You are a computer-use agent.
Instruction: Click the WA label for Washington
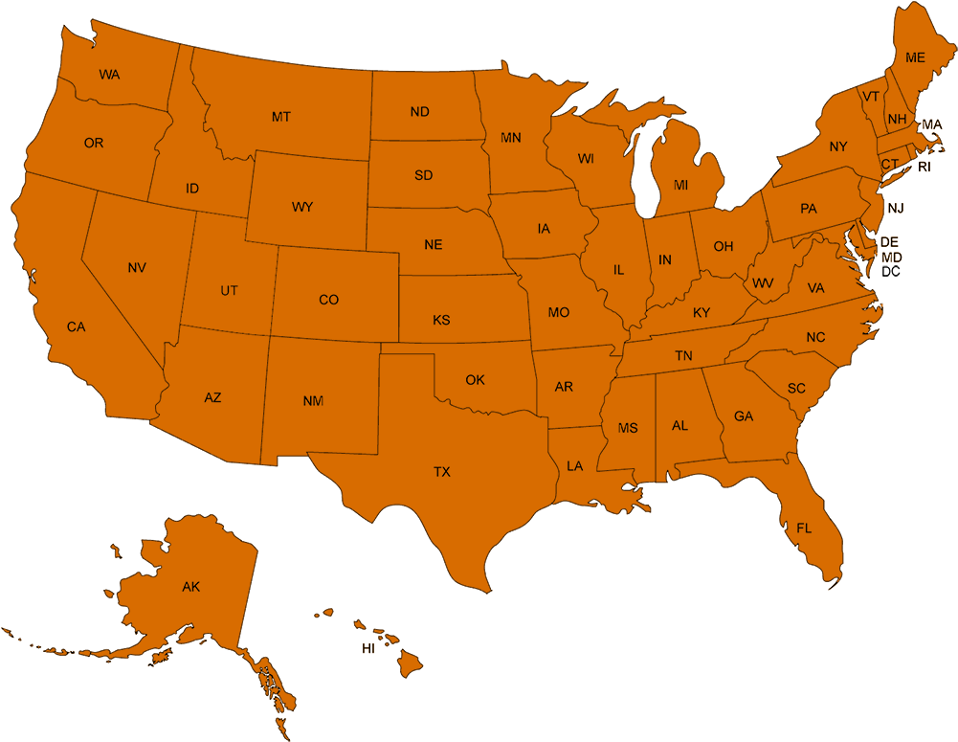point(109,74)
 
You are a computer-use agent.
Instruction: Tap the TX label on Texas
point(441,472)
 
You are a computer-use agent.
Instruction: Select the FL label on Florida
point(804,528)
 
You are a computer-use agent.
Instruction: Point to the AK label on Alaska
point(191,587)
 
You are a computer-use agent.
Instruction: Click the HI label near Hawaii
point(368,649)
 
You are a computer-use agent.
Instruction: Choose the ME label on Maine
point(915,57)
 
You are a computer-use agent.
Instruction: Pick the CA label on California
point(77,327)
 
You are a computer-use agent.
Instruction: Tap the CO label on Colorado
point(328,300)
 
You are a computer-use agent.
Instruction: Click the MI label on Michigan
point(680,185)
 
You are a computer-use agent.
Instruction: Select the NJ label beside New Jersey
point(895,208)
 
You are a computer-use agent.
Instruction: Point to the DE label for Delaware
point(889,242)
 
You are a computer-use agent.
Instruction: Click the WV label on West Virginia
point(763,283)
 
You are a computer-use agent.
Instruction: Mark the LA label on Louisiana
point(574,466)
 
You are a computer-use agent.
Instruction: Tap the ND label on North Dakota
point(419,112)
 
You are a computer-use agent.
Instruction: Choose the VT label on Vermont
point(870,97)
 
